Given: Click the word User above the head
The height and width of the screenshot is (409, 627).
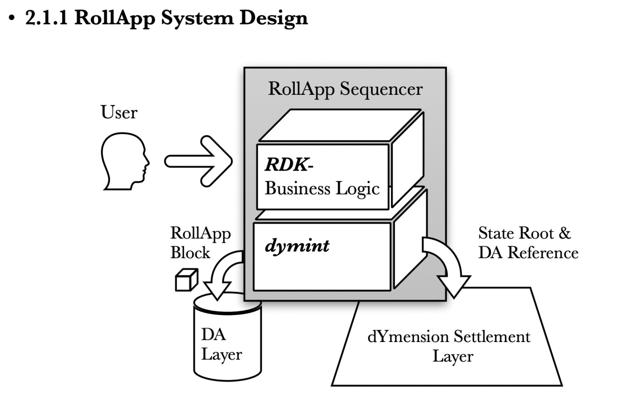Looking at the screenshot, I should coord(119,112).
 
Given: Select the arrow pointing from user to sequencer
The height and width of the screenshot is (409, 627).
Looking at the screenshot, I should coord(198,161).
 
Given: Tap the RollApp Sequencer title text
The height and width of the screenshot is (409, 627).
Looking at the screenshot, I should coord(345,89).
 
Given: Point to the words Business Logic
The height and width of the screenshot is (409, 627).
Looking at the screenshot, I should coord(322,188).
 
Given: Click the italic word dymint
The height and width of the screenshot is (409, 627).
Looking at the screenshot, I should coord(297,246).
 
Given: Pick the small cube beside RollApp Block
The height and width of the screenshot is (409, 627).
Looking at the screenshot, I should coord(186,280).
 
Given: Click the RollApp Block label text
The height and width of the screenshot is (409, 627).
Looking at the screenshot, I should coord(200,243).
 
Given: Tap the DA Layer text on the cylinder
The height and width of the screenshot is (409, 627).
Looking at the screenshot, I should coord(221,344).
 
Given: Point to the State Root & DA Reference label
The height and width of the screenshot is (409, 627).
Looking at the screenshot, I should coord(528,243).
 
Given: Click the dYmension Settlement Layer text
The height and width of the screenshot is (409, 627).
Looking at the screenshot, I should coord(449,346).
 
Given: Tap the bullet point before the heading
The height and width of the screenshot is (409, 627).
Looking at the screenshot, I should coord(12,19).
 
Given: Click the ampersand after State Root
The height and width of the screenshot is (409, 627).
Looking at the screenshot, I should coord(564,233).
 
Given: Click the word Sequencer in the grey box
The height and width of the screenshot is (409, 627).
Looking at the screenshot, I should coord(381,89).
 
